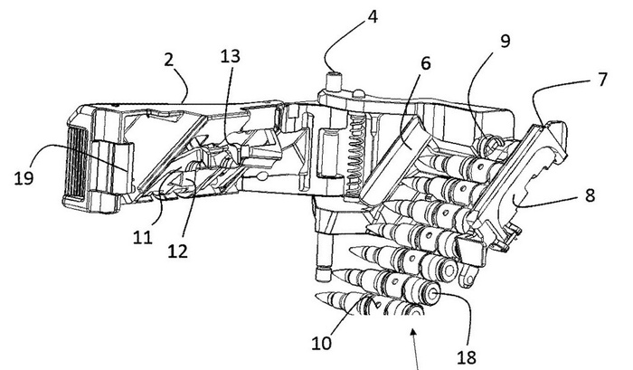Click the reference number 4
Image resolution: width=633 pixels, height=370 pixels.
click(x=372, y=17)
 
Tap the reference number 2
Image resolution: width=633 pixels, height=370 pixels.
click(x=169, y=60)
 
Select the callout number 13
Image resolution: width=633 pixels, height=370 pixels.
click(x=230, y=56)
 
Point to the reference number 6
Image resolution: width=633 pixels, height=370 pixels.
click(x=426, y=63)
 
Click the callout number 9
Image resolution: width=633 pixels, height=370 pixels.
click(x=505, y=41)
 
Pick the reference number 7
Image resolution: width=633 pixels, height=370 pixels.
click(x=602, y=80)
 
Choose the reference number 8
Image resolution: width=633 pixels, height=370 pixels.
click(x=590, y=195)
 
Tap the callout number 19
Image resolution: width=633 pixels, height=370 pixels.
click(x=24, y=177)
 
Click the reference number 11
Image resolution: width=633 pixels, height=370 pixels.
click(x=143, y=238)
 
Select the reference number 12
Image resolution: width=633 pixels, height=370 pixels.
click(x=178, y=251)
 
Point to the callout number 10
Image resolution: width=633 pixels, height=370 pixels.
click(x=321, y=344)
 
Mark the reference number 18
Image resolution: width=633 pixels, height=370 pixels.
click(x=467, y=357)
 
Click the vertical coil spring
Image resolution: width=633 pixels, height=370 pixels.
click(x=354, y=155)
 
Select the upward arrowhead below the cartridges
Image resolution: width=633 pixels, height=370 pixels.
click(x=412, y=332)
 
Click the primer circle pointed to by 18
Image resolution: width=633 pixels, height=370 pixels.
click(x=433, y=294)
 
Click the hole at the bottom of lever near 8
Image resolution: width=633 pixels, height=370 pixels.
click(x=469, y=280)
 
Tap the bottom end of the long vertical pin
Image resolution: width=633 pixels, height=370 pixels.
click(x=323, y=275)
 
